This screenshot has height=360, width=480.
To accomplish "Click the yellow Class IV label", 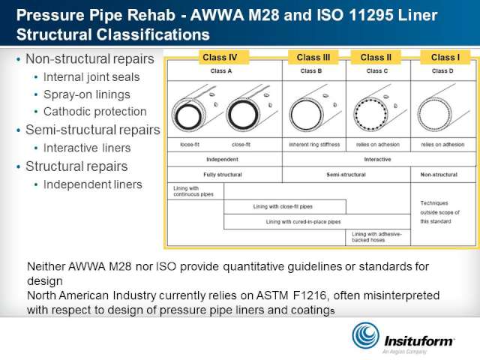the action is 220,57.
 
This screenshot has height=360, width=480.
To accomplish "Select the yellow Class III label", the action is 313,57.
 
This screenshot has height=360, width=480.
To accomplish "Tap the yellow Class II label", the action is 376,57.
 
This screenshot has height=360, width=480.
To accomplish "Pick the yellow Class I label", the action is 445,57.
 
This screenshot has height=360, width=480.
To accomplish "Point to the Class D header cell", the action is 443,71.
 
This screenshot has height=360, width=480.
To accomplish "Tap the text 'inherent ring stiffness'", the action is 314,145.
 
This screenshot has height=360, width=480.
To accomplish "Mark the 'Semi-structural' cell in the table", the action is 346,175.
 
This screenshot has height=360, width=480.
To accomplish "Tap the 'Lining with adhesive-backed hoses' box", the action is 378,237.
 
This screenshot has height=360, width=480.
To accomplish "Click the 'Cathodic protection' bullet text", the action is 95,112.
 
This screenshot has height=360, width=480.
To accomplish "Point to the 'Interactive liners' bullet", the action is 87,148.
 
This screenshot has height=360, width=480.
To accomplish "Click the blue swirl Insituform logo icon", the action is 366,335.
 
